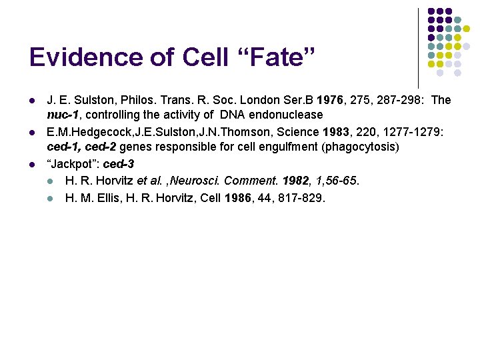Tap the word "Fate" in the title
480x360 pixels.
pyautogui.click(x=277, y=58)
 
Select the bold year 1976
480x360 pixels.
pyautogui.click(x=331, y=101)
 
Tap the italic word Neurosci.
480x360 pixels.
pyautogui.click(x=200, y=181)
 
